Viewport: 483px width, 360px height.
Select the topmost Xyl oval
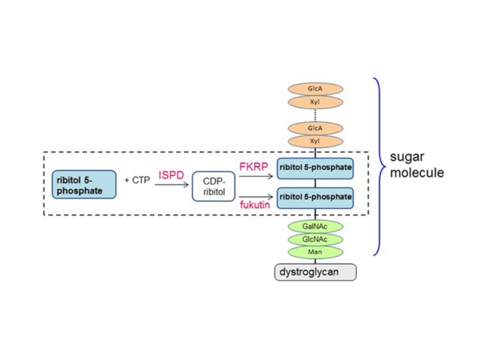point(314,102)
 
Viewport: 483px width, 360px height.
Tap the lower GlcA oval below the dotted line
point(314,129)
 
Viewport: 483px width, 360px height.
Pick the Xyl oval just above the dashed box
point(314,142)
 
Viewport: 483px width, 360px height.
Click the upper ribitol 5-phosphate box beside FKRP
point(315,167)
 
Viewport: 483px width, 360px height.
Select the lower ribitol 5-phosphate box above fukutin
point(315,197)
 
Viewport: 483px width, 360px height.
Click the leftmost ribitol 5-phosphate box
point(84,185)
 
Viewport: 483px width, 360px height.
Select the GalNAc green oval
point(314,226)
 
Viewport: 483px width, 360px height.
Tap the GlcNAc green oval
point(314,239)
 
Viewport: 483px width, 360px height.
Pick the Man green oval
point(314,252)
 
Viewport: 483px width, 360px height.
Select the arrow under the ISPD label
point(171,184)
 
